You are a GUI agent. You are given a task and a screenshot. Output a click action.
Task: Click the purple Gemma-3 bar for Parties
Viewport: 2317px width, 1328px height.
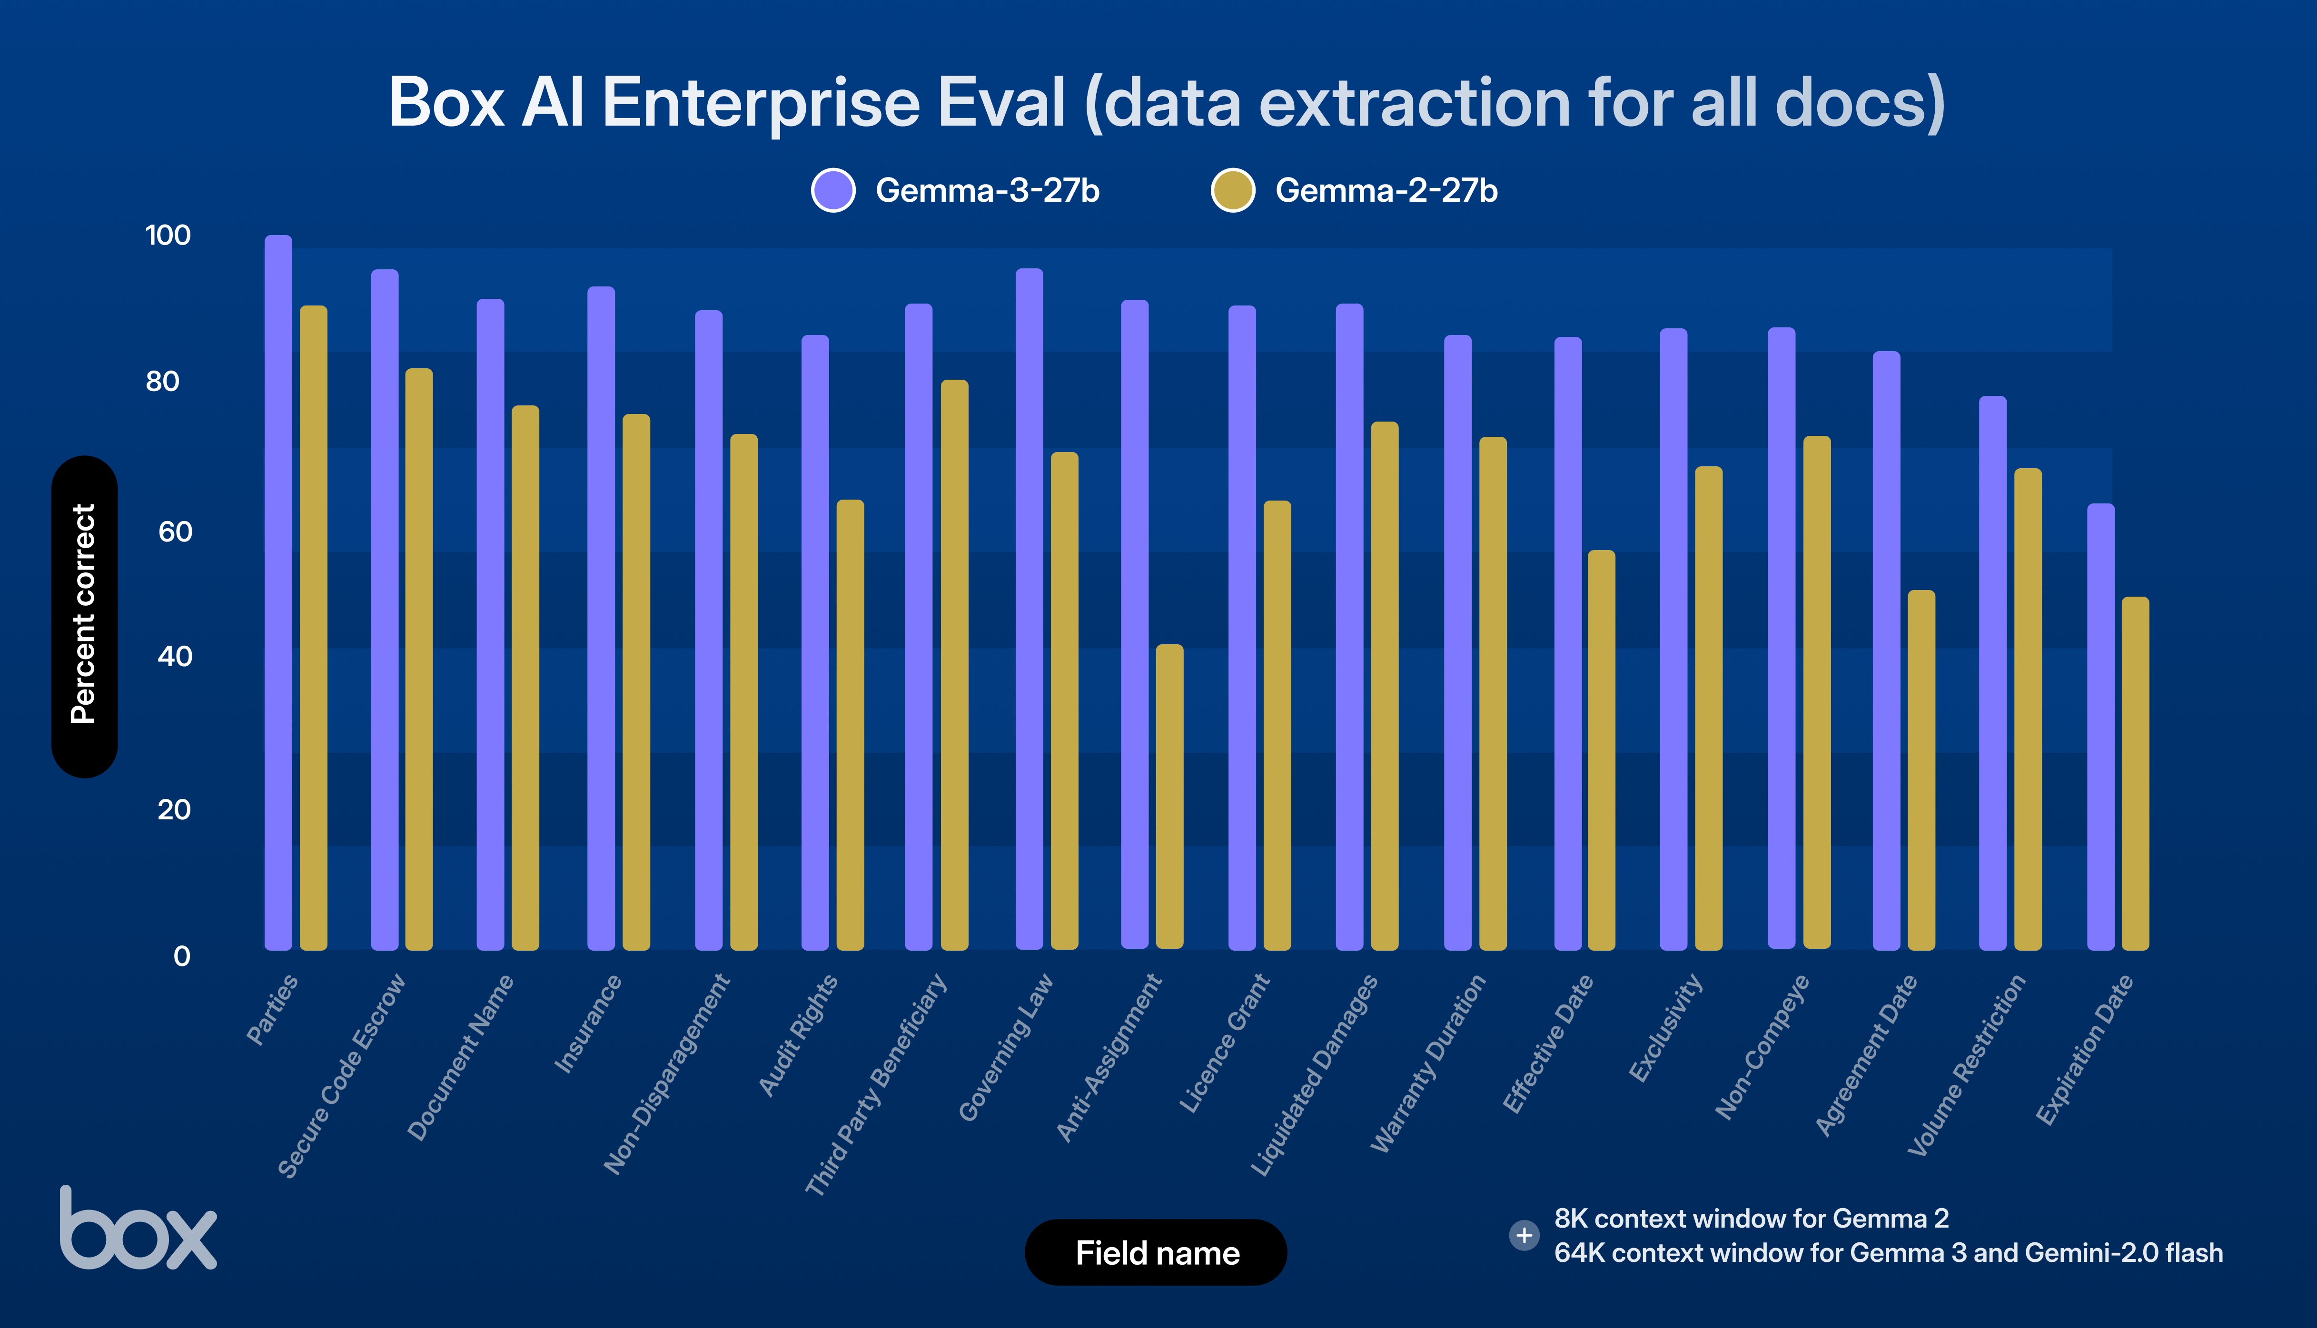278,593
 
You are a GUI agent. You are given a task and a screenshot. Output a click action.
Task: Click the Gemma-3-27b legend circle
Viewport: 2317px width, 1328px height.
833,191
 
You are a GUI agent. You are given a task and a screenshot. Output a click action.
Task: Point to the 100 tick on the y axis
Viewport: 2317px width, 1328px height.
168,236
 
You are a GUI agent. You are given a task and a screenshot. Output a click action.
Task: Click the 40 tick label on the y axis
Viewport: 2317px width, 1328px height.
174,657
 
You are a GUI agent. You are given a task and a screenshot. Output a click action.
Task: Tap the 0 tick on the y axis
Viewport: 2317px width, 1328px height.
181,956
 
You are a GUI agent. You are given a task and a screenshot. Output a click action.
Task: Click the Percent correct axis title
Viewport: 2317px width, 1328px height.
84,616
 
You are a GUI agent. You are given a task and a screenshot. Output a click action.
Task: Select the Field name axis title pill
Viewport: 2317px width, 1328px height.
1156,1252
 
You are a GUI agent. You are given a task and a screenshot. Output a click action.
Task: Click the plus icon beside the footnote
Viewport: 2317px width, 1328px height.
1524,1236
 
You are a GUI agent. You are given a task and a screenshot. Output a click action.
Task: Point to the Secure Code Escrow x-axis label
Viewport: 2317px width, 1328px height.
342,1076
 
